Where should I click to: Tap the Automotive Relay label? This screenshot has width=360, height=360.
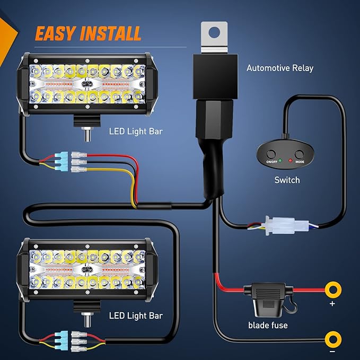click(x=280, y=68)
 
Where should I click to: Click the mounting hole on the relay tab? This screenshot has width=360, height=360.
click(x=214, y=32)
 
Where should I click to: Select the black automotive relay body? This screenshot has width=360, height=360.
click(x=213, y=77)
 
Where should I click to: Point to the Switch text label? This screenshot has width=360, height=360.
click(x=287, y=180)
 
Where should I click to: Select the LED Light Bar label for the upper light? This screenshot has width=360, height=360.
click(x=136, y=130)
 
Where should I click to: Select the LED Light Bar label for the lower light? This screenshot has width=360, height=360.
click(x=136, y=316)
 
